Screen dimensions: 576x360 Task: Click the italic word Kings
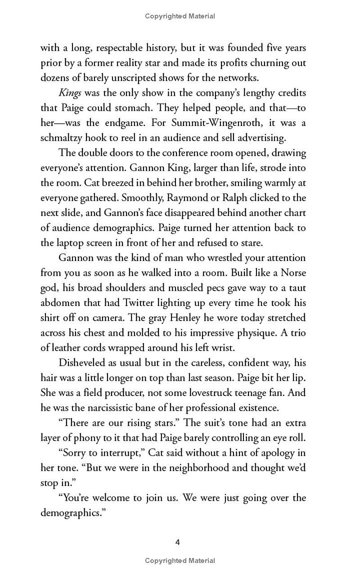coord(68,93)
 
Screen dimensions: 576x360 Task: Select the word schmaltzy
coord(62,138)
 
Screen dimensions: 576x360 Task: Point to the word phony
coord(81,438)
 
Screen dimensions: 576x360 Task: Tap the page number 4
coord(178,542)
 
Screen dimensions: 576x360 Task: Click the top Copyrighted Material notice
coord(180,16)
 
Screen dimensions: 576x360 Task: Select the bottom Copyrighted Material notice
coord(180,561)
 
